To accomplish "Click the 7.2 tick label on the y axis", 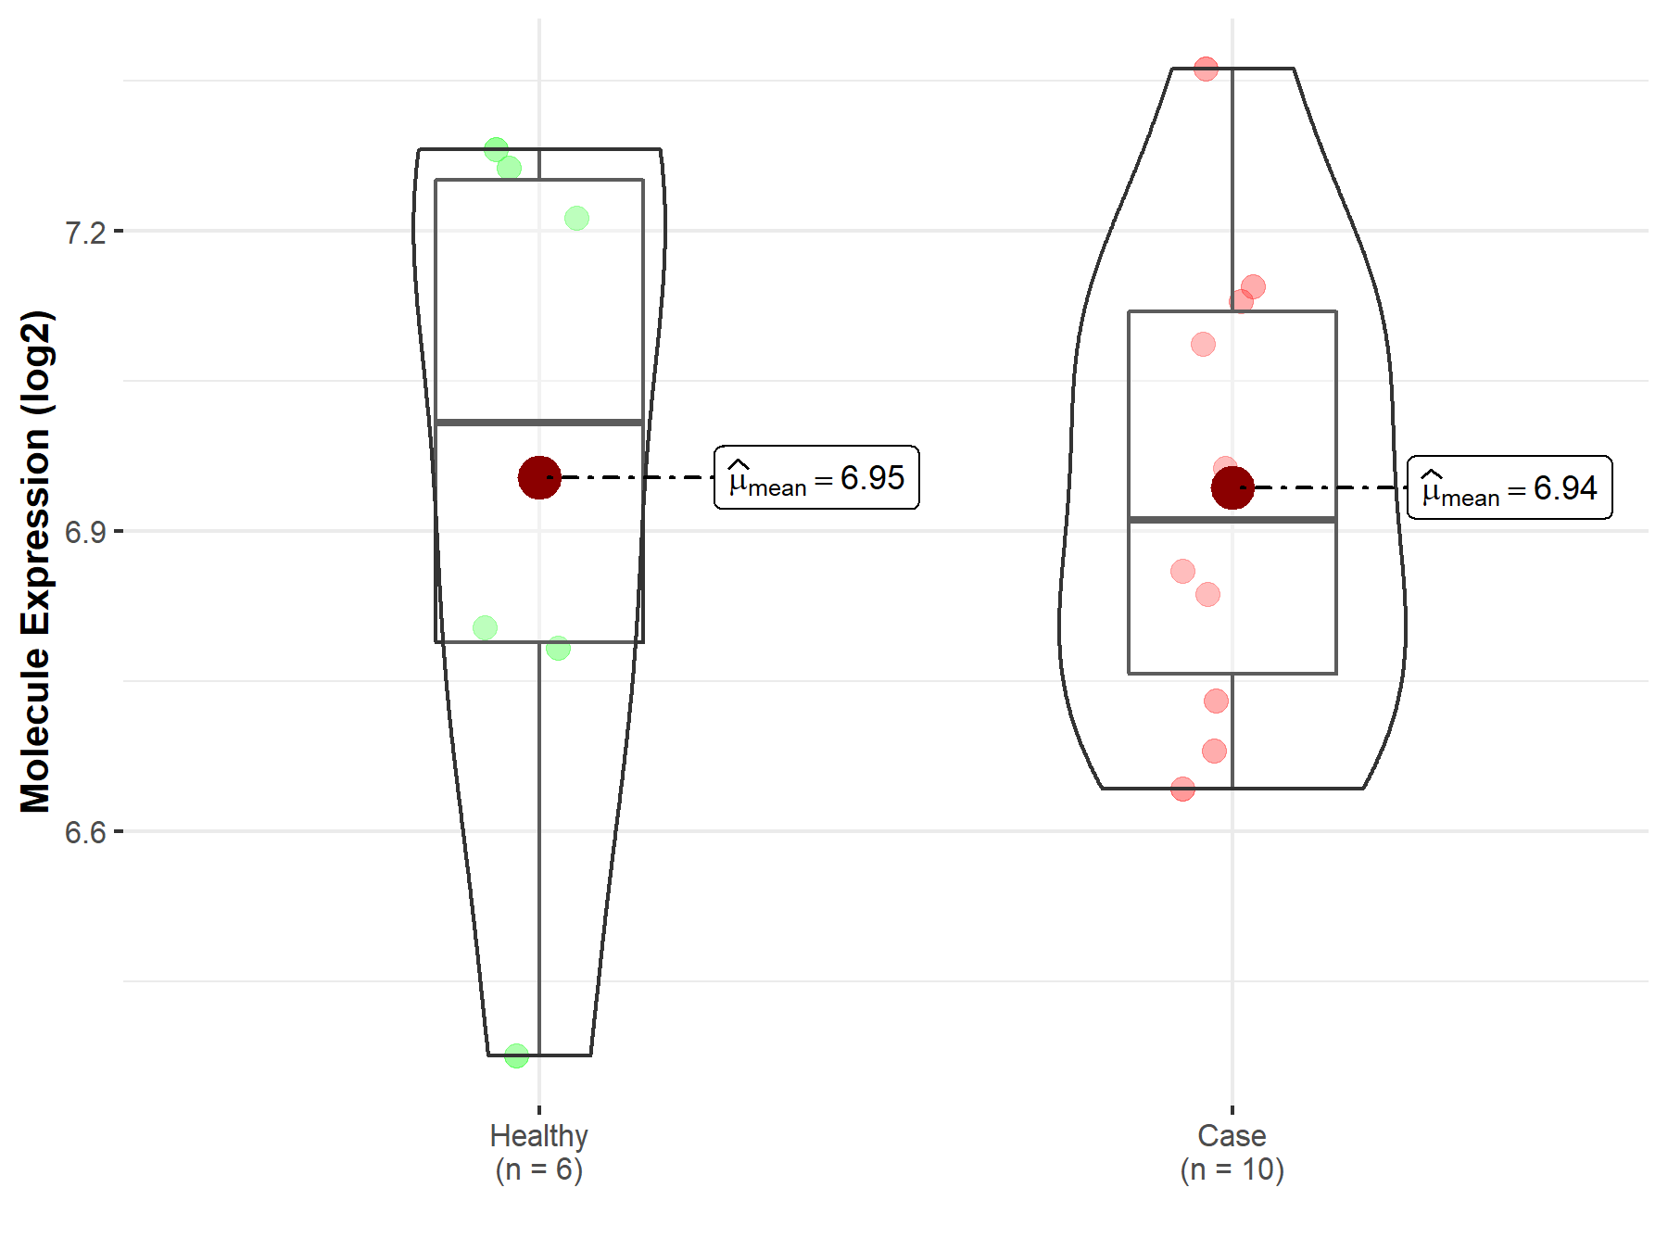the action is (x=85, y=232).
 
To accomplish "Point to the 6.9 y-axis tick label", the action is (x=85, y=532).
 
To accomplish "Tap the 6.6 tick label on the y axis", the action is (x=85, y=832).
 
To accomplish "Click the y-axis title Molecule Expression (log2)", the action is (x=36, y=562).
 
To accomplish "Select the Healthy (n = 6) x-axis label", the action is (x=539, y=1152).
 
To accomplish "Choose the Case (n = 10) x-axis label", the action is (x=1232, y=1152).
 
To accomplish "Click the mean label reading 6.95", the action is (x=816, y=477).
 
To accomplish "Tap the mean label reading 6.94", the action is (x=1510, y=487).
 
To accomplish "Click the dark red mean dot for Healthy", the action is (x=539, y=477).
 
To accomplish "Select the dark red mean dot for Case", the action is (x=1232, y=487).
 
